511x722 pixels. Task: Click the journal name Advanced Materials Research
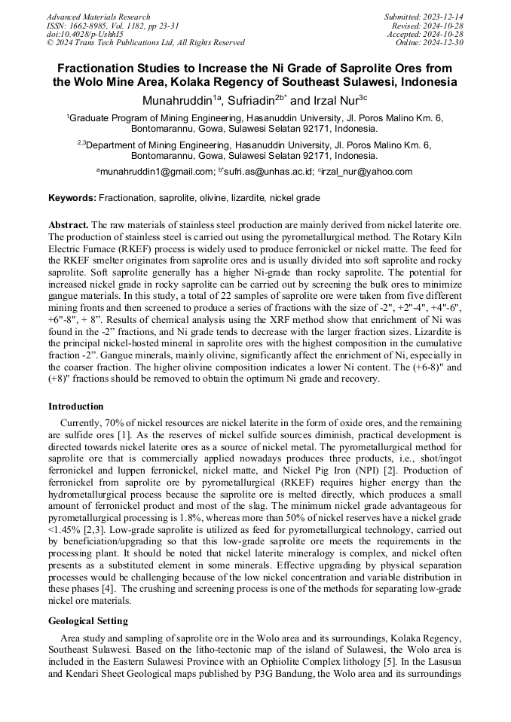click(x=98, y=17)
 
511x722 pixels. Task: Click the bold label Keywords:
click(x=72, y=198)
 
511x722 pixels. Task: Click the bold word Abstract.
click(x=69, y=225)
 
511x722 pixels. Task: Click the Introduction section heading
click(x=76, y=406)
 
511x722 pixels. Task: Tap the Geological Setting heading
click(x=88, y=621)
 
